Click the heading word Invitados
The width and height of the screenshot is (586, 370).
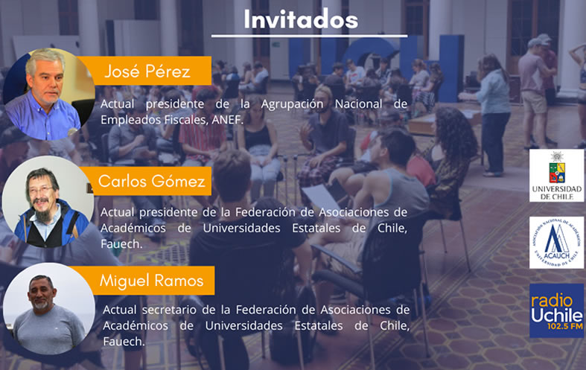click(x=301, y=19)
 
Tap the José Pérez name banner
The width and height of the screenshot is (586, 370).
click(x=146, y=71)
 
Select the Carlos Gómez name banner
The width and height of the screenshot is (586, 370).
click(x=149, y=181)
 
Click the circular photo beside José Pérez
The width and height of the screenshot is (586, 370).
click(x=48, y=95)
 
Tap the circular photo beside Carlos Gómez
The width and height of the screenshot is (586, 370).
click(x=48, y=202)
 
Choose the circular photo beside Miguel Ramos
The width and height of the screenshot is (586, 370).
click(x=48, y=309)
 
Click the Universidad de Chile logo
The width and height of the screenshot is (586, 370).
click(x=556, y=176)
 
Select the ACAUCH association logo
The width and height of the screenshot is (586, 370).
click(x=556, y=243)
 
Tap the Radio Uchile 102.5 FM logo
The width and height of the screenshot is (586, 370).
click(x=556, y=310)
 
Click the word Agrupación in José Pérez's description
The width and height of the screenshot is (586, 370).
click(x=292, y=104)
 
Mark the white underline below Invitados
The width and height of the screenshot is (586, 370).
click(x=310, y=36)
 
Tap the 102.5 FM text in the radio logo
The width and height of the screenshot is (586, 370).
click(x=564, y=327)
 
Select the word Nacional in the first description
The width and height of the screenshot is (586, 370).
click(x=358, y=104)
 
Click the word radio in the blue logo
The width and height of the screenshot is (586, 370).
click(x=552, y=301)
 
